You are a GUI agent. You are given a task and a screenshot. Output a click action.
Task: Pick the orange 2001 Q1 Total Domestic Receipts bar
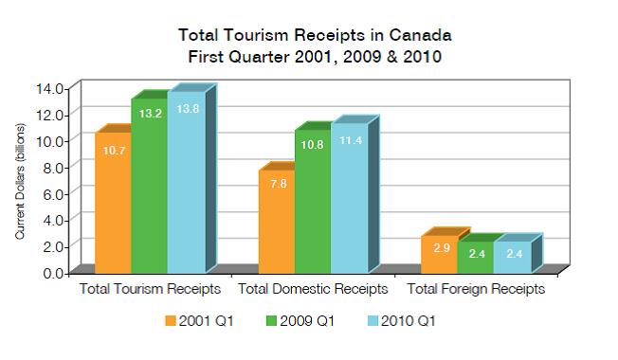[276, 223]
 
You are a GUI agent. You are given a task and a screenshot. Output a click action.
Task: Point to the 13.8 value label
[185, 110]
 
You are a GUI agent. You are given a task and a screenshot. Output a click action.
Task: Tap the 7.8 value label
[276, 184]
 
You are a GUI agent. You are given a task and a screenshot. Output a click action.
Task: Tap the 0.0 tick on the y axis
[52, 272]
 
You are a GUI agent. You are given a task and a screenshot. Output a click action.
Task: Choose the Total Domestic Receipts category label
[312, 287]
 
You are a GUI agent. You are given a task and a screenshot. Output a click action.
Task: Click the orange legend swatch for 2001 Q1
[172, 320]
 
